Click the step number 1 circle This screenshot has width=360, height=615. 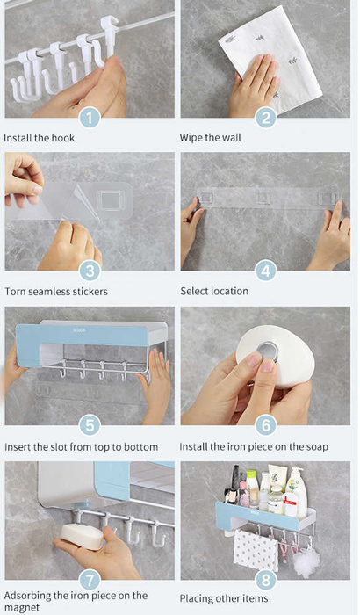tap(90, 118)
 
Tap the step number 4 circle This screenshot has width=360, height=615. tap(265, 271)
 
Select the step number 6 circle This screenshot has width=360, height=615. tap(265, 425)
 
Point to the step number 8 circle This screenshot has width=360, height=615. tap(265, 580)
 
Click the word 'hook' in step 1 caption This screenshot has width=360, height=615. tap(63, 138)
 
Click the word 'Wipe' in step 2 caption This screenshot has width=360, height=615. tap(191, 138)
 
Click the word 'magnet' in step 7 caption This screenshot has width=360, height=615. tap(22, 608)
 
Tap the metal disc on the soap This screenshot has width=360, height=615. tap(269, 351)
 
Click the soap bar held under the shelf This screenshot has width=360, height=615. tap(82, 536)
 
